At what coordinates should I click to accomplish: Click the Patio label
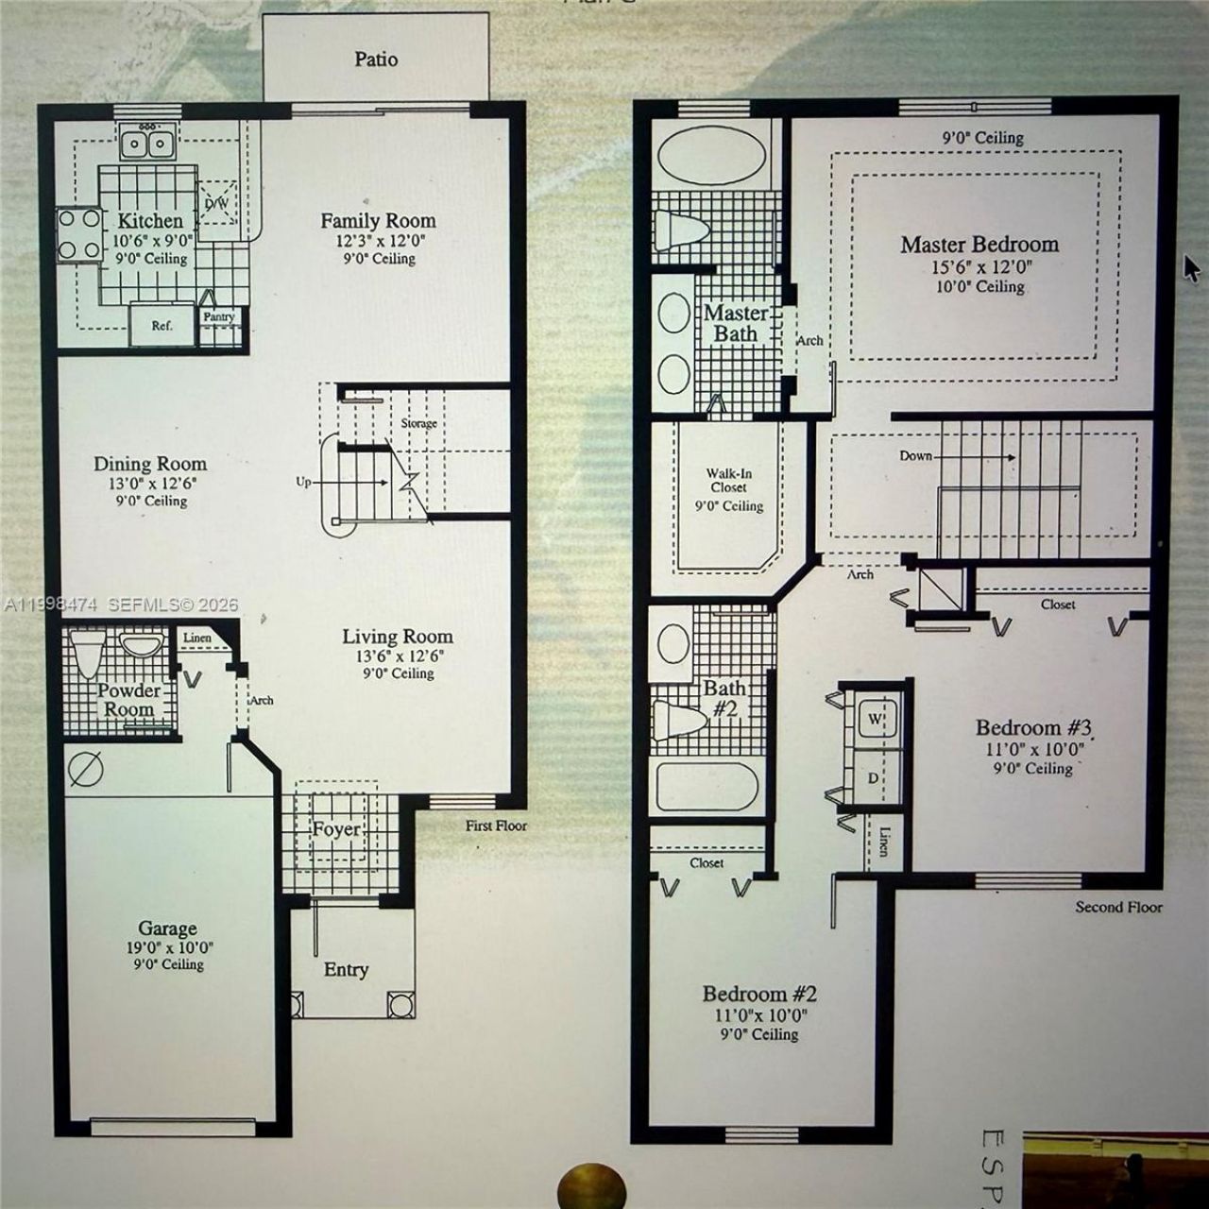tap(376, 59)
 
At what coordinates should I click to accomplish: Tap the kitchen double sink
tap(147, 145)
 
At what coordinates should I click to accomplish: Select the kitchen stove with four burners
tap(80, 234)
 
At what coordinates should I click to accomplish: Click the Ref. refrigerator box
tap(162, 325)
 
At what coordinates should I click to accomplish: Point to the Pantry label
tap(218, 317)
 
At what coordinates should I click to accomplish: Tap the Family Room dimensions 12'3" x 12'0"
tap(378, 241)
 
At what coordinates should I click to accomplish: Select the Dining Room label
tap(149, 464)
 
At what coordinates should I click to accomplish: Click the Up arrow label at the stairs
tap(303, 482)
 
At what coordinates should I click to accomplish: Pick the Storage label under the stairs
tap(418, 423)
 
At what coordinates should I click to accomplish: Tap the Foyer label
tap(336, 829)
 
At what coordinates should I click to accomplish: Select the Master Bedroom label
tap(979, 245)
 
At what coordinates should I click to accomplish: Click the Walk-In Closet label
tap(728, 481)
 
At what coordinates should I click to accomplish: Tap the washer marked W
tap(874, 720)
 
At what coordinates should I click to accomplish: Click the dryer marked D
tap(874, 777)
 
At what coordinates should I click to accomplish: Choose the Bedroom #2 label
tap(758, 994)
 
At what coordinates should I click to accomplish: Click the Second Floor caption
tap(1118, 907)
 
